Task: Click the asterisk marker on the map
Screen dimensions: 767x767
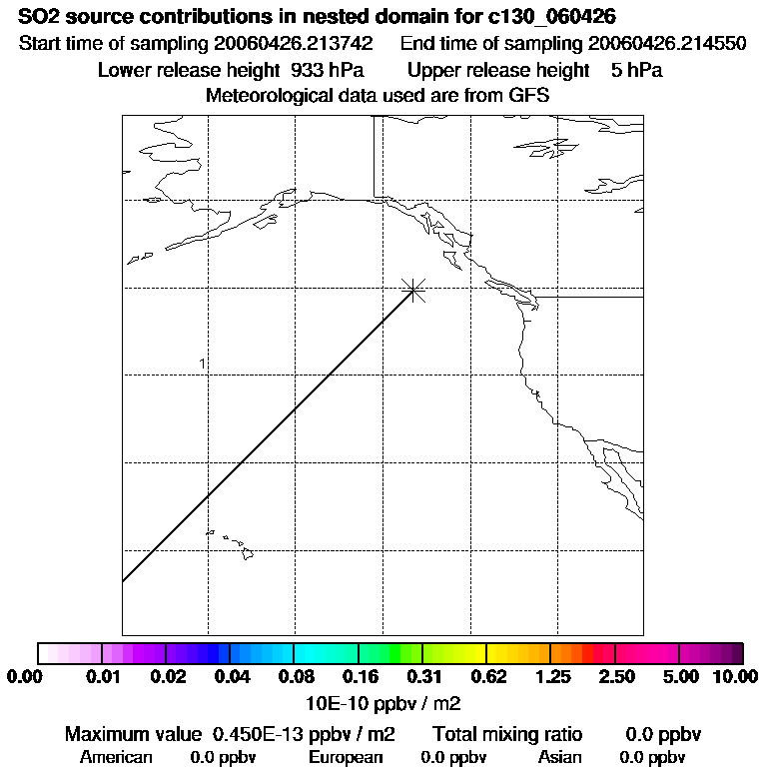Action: pyautogui.click(x=413, y=291)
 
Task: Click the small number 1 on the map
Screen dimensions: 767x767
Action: pyautogui.click(x=202, y=364)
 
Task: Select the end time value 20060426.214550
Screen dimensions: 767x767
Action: pyautogui.click(x=667, y=45)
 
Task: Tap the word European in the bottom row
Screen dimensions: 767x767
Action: pyautogui.click(x=346, y=757)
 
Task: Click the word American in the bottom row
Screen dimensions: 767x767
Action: pyautogui.click(x=116, y=757)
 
